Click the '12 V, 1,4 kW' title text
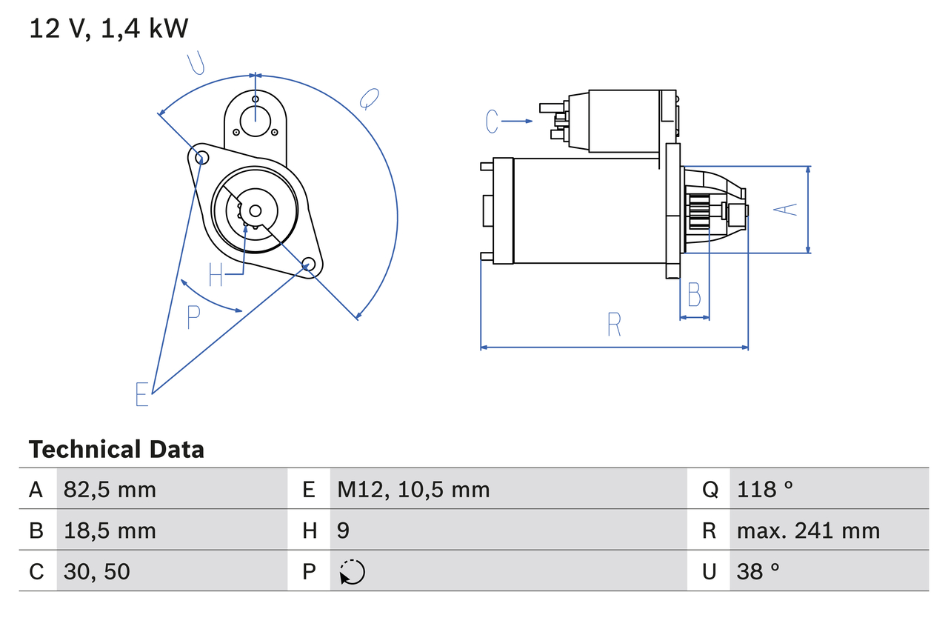pyautogui.click(x=109, y=29)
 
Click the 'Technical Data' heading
pyautogui.click(x=116, y=450)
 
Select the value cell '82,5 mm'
pyautogui.click(x=110, y=489)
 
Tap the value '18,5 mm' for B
pyautogui.click(x=110, y=530)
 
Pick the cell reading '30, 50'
pyautogui.click(x=97, y=571)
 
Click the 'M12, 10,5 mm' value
pyautogui.click(x=413, y=489)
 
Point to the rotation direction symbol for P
pyautogui.click(x=352, y=572)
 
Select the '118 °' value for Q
pyautogui.click(x=765, y=489)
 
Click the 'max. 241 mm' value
pyautogui.click(x=808, y=530)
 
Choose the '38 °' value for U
pyautogui.click(x=758, y=571)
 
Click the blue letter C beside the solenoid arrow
pyautogui.click(x=493, y=121)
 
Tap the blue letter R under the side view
pyautogui.click(x=614, y=325)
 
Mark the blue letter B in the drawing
pyautogui.click(x=694, y=294)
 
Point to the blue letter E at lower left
pyautogui.click(x=142, y=394)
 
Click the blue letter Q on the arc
pyautogui.click(x=369, y=98)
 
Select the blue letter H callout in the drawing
pyautogui.click(x=216, y=275)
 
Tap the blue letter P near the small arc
pyautogui.click(x=193, y=317)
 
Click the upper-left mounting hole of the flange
pyautogui.click(x=198, y=156)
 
